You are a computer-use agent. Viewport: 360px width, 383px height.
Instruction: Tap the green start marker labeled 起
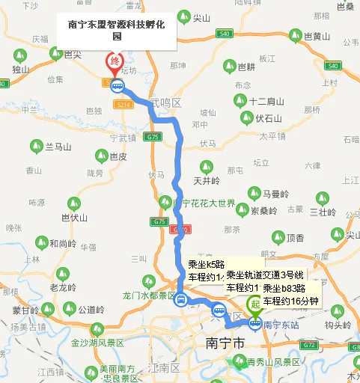click(255, 304)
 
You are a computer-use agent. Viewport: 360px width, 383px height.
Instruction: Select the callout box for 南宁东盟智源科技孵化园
click(116, 29)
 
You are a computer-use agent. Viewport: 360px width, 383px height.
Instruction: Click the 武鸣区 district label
click(165, 102)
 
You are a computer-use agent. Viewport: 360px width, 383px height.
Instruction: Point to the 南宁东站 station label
click(281, 325)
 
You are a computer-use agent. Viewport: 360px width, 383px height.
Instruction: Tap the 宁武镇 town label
click(123, 138)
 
